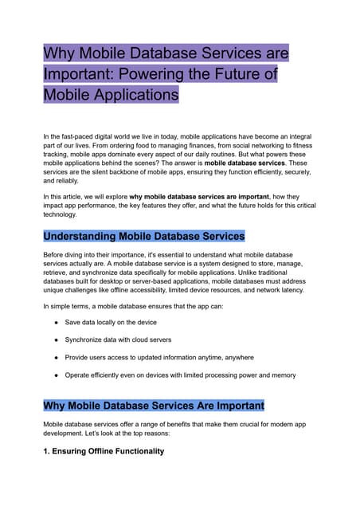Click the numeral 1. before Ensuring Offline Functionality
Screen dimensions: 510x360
point(47,450)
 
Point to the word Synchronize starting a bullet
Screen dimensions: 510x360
point(87,339)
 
